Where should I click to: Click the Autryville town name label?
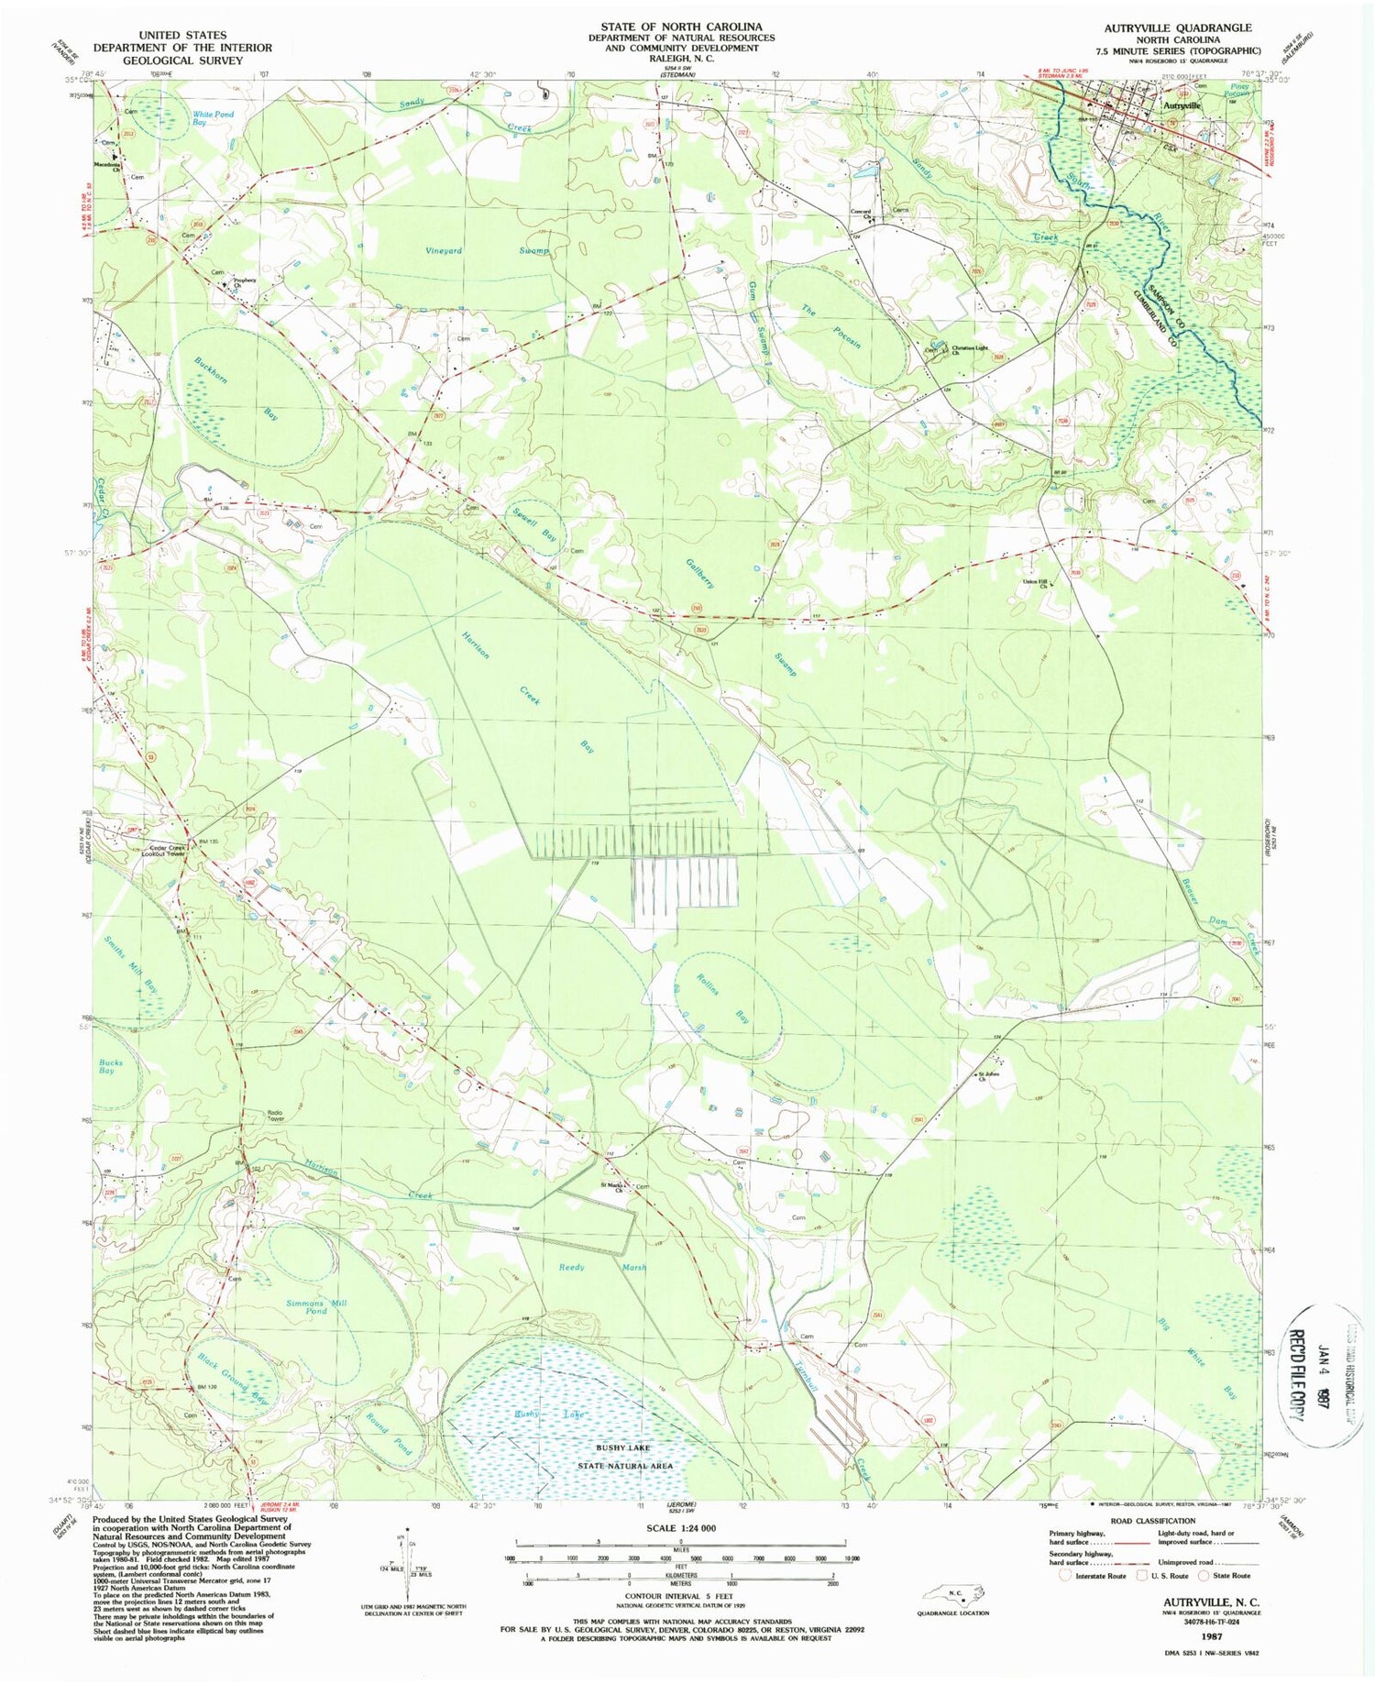coord(1181,105)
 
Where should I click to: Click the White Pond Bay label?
coord(213,118)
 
